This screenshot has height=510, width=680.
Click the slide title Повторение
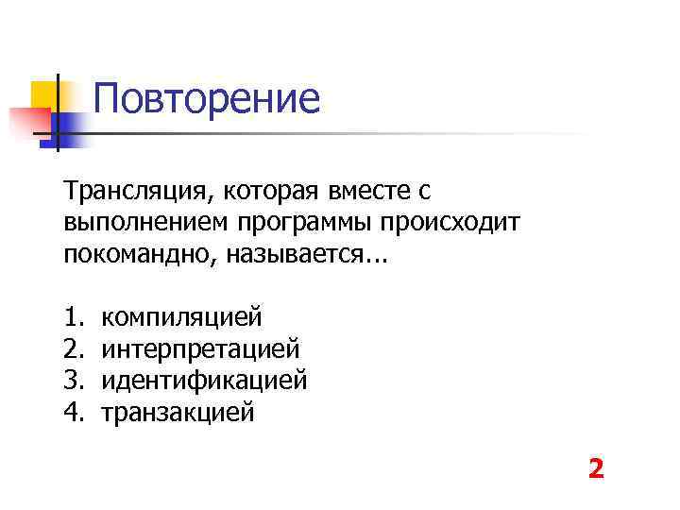tap(207, 98)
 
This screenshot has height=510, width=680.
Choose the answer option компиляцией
tap(181, 316)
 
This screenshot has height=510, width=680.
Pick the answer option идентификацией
tap(204, 381)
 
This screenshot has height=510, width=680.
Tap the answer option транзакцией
tap(178, 413)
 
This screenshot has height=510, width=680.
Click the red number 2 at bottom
tap(595, 468)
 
